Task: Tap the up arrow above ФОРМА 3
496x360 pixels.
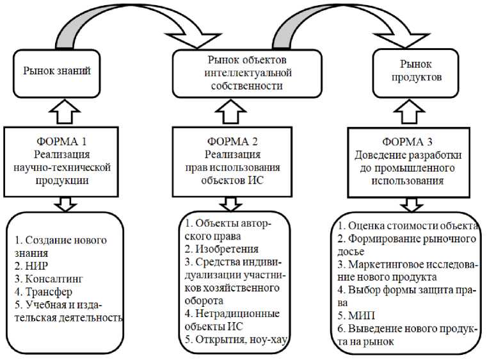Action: tap(416, 113)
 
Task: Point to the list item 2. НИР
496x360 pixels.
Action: tap(32, 266)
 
